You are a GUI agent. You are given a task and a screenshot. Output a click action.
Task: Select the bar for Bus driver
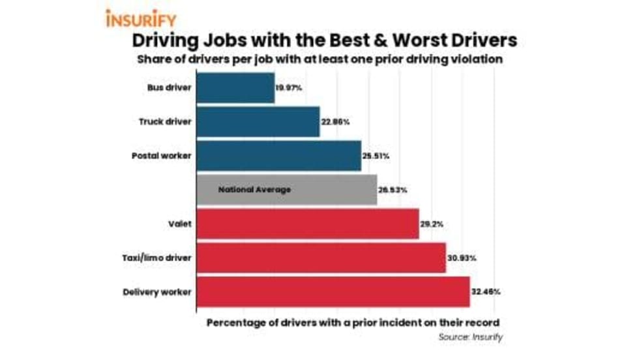coord(235,87)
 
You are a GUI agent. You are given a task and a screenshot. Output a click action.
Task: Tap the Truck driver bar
coord(258,121)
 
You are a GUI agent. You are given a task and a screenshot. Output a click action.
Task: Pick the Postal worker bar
coord(278,155)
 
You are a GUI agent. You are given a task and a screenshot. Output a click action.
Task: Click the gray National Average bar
coord(287,190)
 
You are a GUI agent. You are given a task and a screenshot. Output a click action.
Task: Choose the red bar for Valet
coord(307,224)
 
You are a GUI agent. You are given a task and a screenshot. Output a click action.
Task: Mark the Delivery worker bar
coord(333,292)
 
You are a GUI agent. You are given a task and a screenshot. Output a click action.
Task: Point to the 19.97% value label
coord(289,88)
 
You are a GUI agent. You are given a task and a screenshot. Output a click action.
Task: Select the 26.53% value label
coord(393,190)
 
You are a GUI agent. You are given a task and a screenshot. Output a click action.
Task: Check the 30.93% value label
coord(462,258)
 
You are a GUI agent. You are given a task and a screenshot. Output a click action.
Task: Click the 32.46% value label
coord(486,292)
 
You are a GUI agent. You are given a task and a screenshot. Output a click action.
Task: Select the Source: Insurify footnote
coord(469,337)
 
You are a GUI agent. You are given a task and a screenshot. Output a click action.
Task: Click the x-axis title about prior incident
coord(353,323)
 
